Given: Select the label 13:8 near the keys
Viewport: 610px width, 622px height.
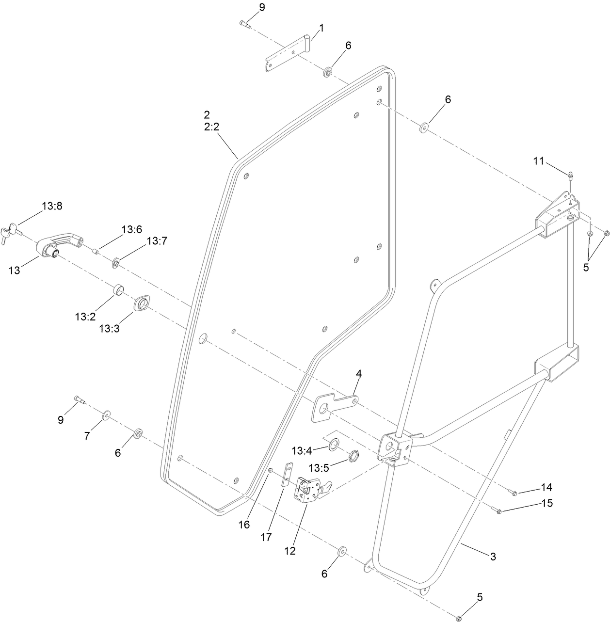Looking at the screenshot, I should (x=52, y=207).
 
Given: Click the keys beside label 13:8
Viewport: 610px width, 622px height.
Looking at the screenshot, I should (x=10, y=232).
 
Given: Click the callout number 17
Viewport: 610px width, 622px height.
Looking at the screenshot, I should (x=266, y=537).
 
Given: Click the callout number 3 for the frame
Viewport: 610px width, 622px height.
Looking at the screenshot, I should (x=493, y=557).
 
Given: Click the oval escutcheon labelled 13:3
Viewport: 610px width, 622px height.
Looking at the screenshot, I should (x=142, y=305).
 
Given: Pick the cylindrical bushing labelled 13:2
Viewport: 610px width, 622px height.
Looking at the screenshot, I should (x=118, y=291).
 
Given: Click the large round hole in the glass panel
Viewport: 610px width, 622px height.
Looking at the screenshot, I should (x=203, y=338).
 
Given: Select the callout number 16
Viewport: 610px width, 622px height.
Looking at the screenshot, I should (x=245, y=525).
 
